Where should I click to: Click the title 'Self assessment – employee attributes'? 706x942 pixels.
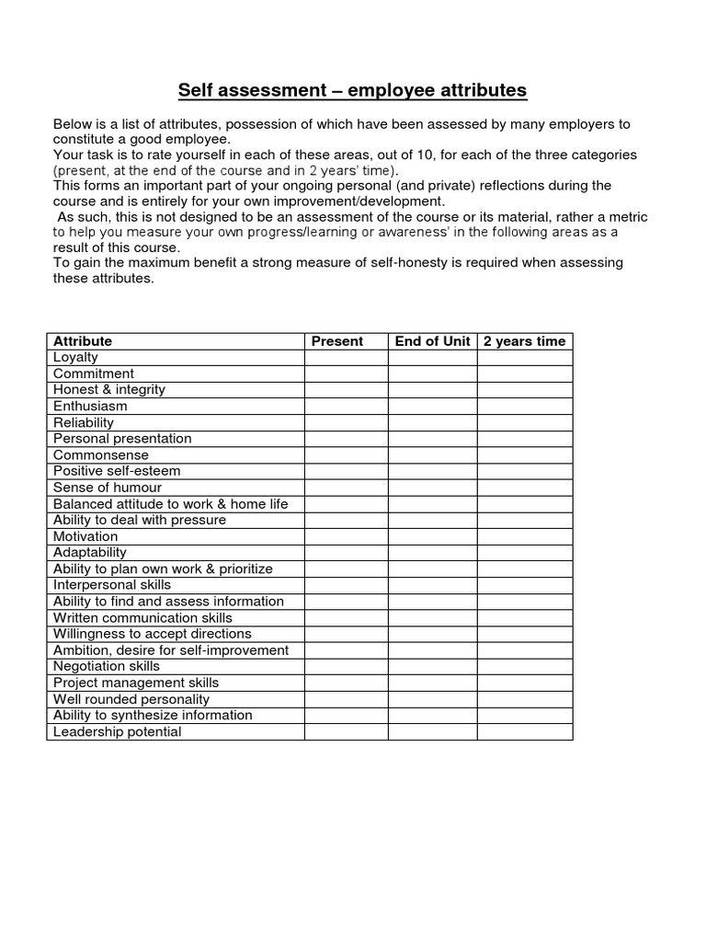[x=352, y=90]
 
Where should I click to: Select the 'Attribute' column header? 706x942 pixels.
[x=83, y=341]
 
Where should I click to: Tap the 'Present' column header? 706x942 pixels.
[x=337, y=341]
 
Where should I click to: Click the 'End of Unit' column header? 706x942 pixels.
[x=432, y=341]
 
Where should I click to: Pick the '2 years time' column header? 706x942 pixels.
[x=524, y=341]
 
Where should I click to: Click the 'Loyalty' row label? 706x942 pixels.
[x=75, y=357]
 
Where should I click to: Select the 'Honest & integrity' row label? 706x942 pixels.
[x=109, y=389]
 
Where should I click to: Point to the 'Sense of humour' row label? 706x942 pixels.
[x=108, y=488]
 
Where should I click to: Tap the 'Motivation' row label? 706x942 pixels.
[x=85, y=536]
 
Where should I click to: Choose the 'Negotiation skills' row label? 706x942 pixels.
[x=107, y=666]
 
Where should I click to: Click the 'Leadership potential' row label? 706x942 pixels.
[x=118, y=731]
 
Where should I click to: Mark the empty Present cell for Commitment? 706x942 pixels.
[x=346, y=373]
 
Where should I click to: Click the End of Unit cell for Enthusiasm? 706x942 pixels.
[x=432, y=406]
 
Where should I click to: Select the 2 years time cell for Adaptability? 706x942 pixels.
[x=524, y=553]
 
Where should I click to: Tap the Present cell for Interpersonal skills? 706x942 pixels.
[x=346, y=585]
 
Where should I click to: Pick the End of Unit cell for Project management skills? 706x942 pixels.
[x=432, y=683]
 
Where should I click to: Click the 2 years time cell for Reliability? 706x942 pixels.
[x=524, y=422]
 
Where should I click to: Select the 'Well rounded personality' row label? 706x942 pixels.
[x=131, y=699]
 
